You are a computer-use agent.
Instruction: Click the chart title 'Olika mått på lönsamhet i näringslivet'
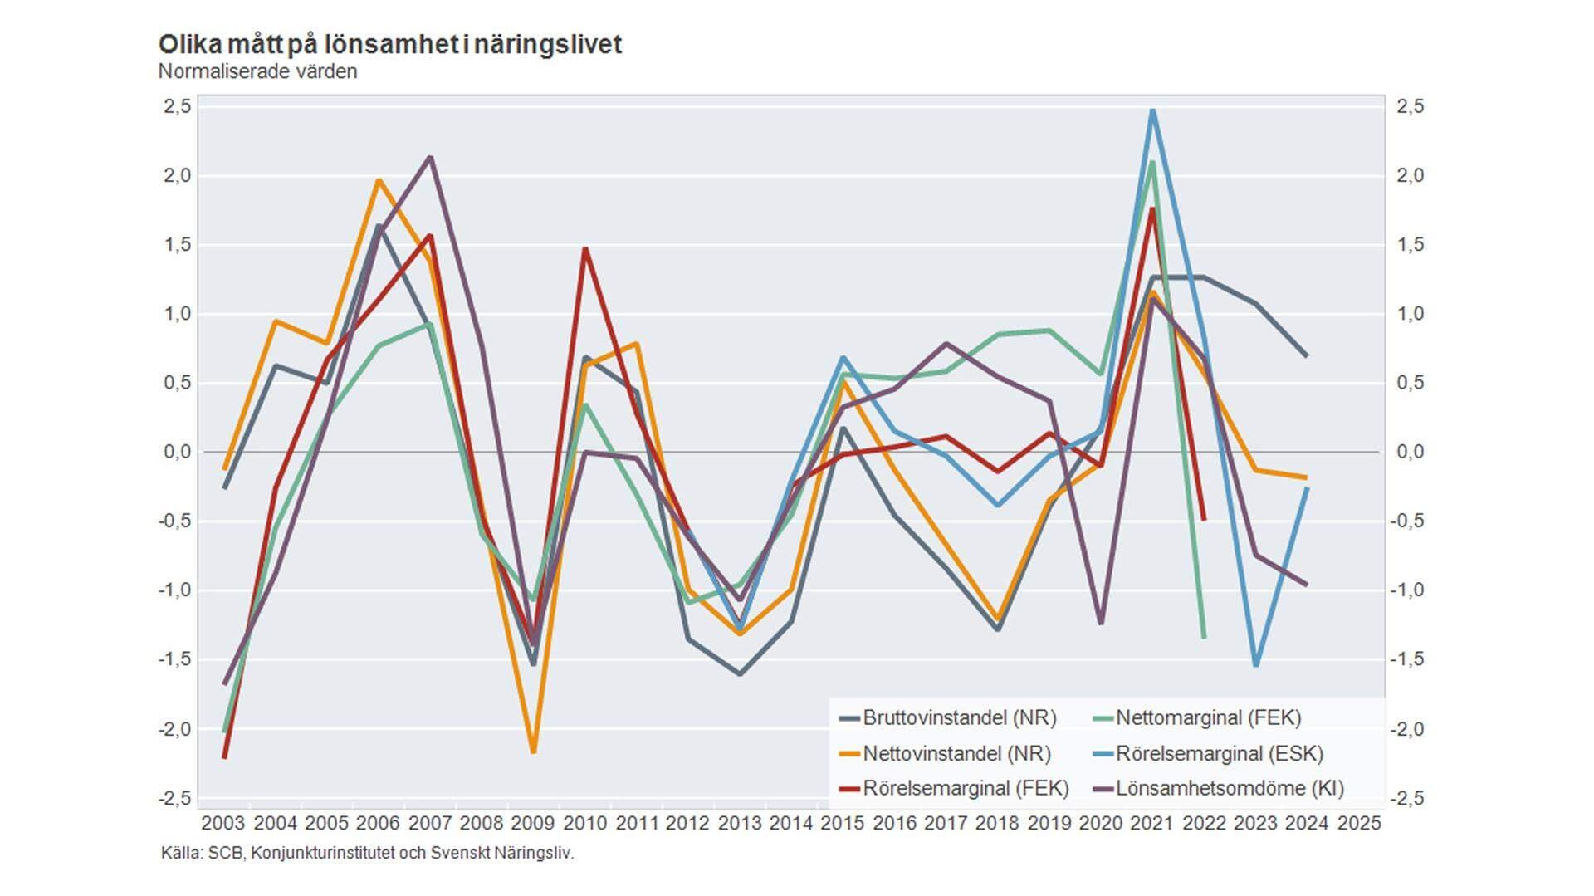click(x=389, y=44)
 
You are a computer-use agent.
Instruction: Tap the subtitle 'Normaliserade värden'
click(x=257, y=71)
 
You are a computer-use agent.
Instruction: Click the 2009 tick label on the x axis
click(x=533, y=823)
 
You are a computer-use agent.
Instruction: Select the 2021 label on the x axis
click(x=1152, y=823)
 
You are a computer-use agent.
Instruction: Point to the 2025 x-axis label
click(x=1359, y=823)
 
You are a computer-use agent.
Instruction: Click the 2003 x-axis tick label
click(x=223, y=823)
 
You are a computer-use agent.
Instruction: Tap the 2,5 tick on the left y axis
click(x=176, y=106)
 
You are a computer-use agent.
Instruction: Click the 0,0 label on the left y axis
click(x=176, y=452)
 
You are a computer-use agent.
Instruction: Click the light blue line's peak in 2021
click(x=1152, y=110)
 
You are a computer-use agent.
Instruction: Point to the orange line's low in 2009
click(x=533, y=752)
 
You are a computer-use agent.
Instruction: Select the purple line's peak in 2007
click(x=430, y=157)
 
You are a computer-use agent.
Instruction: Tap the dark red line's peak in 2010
click(x=585, y=248)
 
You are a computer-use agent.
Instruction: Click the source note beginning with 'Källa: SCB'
click(x=367, y=853)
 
